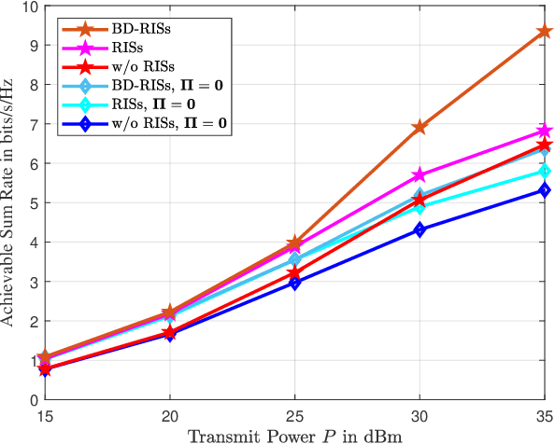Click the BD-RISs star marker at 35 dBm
pos(544,32)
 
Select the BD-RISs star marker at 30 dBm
pos(420,127)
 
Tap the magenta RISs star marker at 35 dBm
pos(544,131)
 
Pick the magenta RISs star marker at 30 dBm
pos(420,175)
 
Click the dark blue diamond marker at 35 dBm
pos(544,190)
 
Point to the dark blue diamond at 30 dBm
pos(420,229)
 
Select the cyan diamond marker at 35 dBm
pos(544,172)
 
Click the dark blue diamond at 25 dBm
pos(294,283)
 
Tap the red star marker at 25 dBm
pos(294,272)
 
